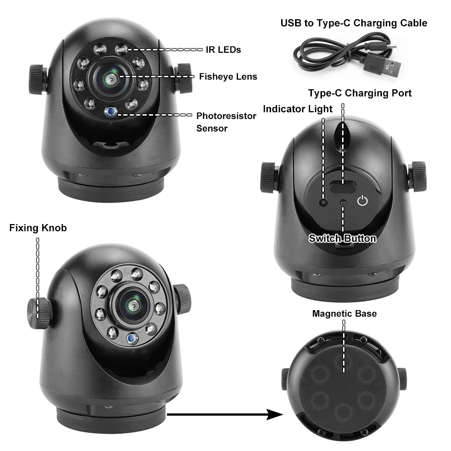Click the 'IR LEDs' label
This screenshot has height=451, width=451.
pos(224,49)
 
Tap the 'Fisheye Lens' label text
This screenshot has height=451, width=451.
pos(228,76)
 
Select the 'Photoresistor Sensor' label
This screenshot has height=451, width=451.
pos(226,122)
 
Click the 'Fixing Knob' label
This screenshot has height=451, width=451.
pos(38,228)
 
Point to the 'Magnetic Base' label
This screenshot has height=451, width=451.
pos(344,314)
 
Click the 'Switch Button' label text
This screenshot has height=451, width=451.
pos(342,238)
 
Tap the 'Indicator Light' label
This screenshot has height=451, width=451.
pos(297,109)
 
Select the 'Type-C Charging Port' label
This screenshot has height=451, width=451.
pos(359,93)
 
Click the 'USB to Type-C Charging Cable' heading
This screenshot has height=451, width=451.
pos(354,23)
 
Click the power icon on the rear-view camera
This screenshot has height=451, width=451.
pos(363,201)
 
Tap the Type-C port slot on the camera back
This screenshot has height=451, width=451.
pos(342,189)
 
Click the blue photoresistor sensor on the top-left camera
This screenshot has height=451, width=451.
pos(111,112)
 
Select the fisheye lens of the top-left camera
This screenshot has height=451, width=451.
pos(111,78)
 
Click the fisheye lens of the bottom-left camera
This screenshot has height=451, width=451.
pos(131,306)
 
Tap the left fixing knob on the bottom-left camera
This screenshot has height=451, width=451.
pos(38,313)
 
